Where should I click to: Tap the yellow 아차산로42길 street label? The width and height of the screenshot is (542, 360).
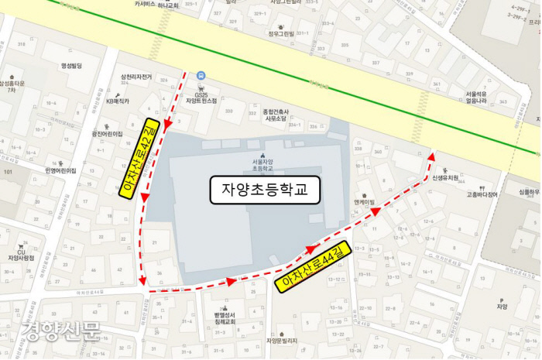[140, 159]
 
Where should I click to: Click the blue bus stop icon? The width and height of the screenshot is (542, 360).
[201, 75]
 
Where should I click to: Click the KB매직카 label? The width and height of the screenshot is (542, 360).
[118, 101]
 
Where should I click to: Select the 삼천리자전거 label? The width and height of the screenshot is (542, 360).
[136, 77]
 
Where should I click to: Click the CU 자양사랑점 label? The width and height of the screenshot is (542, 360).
[22, 254]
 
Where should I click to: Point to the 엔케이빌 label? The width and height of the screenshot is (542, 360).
[364, 202]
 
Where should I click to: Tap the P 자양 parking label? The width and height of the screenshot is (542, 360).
[502, 303]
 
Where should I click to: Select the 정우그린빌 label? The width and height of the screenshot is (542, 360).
[281, 33]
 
